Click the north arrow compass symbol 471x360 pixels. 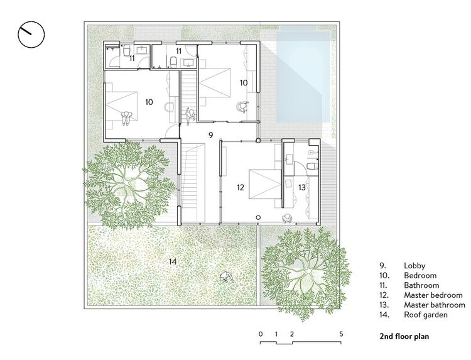31,35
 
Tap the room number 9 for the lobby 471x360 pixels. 210,135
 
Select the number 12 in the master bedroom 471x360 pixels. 241,187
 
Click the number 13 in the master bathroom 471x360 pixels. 302,187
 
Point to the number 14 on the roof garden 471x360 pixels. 173,262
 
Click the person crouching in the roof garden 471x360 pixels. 227,277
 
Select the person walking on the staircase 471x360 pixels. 190,116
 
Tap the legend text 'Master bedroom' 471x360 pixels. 433,295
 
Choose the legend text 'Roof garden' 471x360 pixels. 426,315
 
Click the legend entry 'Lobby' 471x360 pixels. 414,266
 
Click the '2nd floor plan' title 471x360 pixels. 404,336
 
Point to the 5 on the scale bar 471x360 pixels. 341,334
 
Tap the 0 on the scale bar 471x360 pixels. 261,334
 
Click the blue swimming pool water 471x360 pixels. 303,77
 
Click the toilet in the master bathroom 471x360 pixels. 312,166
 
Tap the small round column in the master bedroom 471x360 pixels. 257,217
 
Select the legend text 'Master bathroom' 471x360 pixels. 435,305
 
